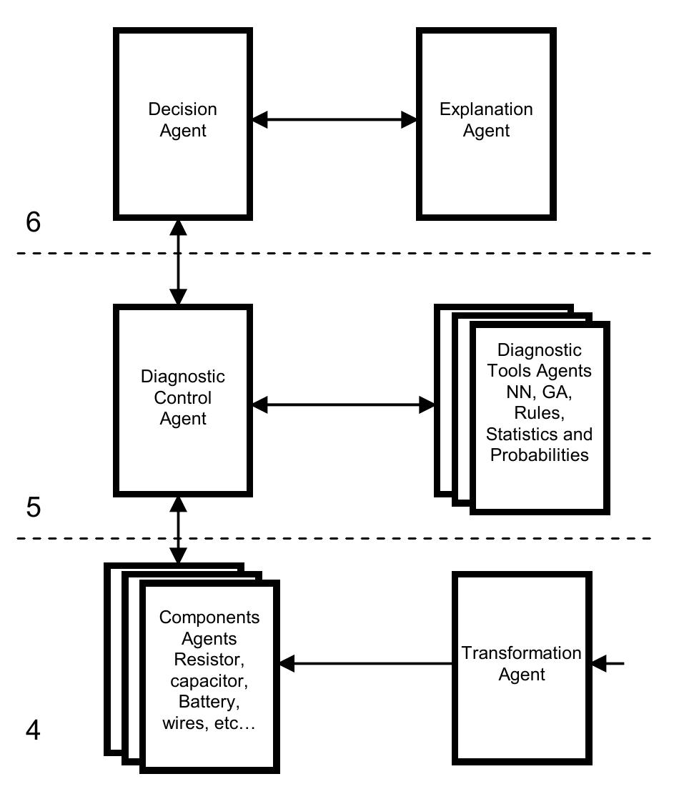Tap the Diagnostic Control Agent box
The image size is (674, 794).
pyautogui.click(x=182, y=399)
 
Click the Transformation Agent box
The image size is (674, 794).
pyautogui.click(x=522, y=665)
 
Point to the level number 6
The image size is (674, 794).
pyautogui.click(x=33, y=223)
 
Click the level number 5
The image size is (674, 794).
pyautogui.click(x=33, y=507)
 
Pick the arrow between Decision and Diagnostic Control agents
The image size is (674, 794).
pyautogui.click(x=178, y=262)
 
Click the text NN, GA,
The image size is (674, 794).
pyautogui.click(x=539, y=392)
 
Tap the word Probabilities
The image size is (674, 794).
pyautogui.click(x=539, y=455)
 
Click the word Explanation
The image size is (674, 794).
pyautogui.click(x=486, y=110)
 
